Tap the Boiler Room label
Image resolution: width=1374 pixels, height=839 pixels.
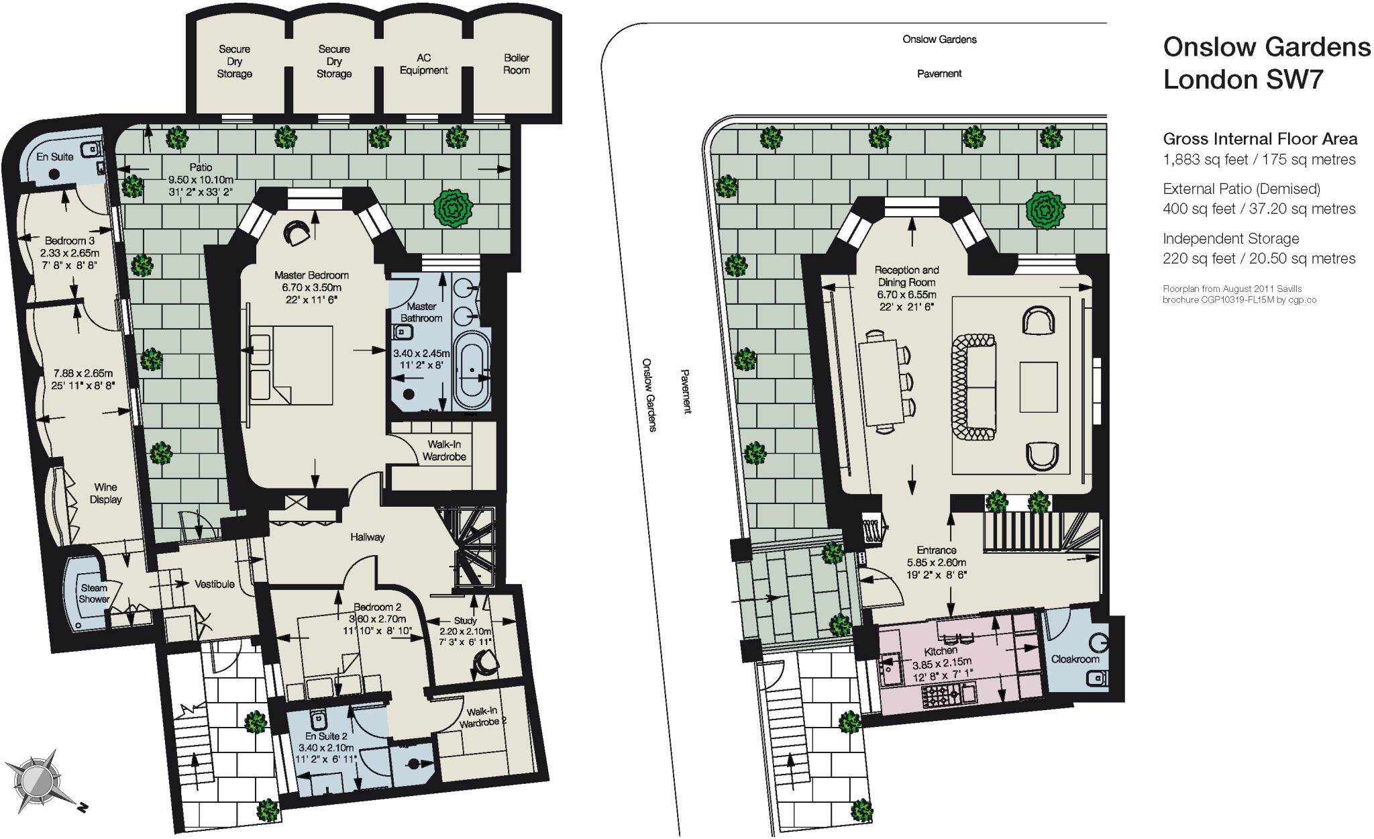(517, 64)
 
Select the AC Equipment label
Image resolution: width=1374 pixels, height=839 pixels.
(423, 64)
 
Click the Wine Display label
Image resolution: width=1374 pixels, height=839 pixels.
(106, 493)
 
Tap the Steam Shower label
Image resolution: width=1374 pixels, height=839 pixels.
(94, 593)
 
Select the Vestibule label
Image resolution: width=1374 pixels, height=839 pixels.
(215, 584)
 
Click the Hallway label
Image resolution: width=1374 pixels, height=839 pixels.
(368, 537)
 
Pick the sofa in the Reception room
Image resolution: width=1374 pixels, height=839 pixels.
(973, 387)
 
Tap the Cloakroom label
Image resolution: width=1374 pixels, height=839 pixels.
(1075, 659)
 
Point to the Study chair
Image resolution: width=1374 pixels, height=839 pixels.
(484, 664)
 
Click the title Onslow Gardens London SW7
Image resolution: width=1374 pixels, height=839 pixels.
(1267, 63)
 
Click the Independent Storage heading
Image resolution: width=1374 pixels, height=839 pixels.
(1231, 238)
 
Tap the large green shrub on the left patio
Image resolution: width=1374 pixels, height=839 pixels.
(454, 208)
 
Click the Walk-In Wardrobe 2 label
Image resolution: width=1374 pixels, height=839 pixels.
(482, 718)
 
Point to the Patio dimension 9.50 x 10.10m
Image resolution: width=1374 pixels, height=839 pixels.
(201, 180)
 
